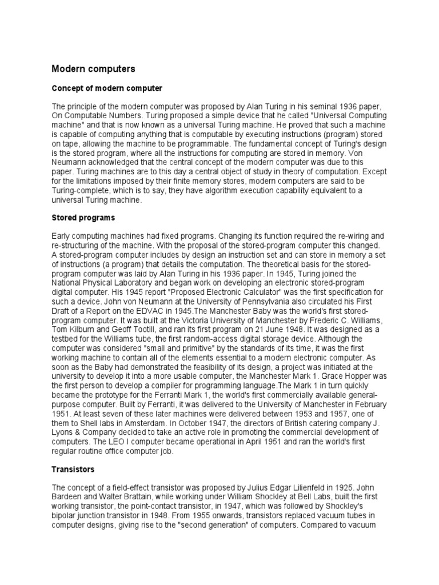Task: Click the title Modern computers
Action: point(94,69)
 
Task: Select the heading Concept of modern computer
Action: point(107,89)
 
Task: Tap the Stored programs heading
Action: point(83,218)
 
